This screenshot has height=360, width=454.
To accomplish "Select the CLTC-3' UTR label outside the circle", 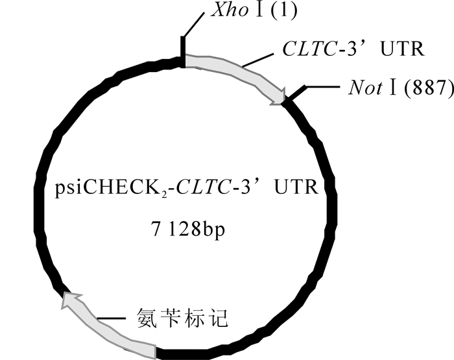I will tap(353, 48).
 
